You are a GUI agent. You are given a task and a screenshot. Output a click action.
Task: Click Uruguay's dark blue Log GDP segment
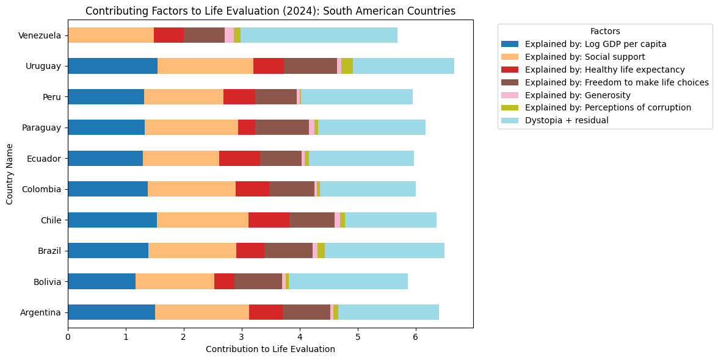(112, 66)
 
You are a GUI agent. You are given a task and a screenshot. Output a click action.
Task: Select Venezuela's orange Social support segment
(111, 35)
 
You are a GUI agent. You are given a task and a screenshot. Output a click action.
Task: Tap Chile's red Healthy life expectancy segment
(269, 220)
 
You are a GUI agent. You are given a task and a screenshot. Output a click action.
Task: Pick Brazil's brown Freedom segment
(288, 250)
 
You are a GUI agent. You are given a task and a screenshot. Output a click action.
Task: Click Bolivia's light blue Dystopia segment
(348, 281)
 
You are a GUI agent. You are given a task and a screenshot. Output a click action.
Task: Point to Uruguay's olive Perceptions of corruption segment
(347, 66)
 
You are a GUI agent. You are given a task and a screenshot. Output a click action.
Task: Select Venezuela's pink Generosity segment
(229, 35)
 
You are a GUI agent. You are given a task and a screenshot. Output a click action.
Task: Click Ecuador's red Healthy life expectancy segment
(239, 158)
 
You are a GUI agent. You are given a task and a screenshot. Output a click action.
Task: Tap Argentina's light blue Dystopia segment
(388, 312)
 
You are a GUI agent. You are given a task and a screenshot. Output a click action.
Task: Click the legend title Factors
(604, 31)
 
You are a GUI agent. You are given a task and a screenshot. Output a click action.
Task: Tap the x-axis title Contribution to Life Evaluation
(270, 349)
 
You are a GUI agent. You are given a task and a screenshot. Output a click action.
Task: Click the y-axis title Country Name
(10, 173)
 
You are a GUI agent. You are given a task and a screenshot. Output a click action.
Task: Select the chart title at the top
(270, 11)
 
